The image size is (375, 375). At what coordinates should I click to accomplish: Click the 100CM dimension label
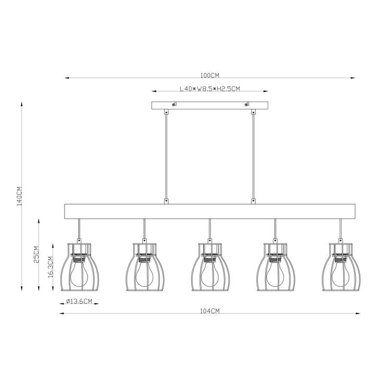coord(209,76)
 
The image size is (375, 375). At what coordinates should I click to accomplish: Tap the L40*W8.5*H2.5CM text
coord(210,89)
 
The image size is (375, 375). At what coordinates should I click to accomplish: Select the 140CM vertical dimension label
coord(19,196)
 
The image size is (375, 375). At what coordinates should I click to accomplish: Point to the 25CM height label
coord(36,255)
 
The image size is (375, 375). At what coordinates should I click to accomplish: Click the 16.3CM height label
coord(51,267)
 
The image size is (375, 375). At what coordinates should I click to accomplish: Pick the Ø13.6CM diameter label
coord(79,302)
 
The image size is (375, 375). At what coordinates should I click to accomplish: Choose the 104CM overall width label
coord(210,311)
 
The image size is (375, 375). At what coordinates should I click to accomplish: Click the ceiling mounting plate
coord(210,105)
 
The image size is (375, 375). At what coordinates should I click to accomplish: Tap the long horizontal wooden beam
coord(210,211)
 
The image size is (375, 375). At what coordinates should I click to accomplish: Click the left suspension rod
coord(166,157)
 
